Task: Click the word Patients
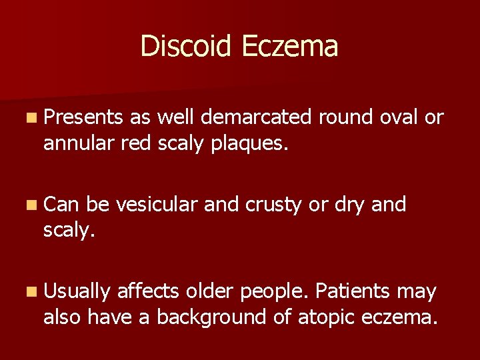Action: point(353,291)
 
